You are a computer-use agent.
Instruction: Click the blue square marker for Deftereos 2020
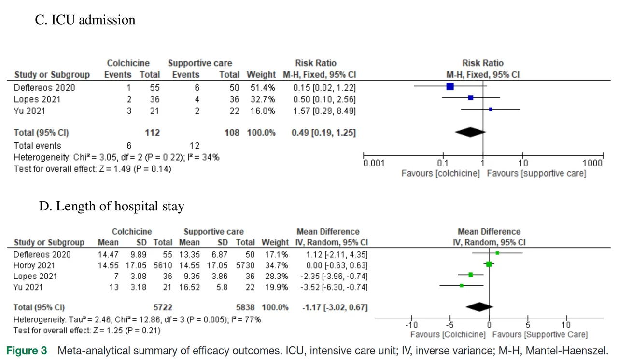click(450, 87)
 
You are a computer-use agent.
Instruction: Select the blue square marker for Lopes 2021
click(471, 98)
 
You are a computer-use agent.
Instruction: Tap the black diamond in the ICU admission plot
click(470, 132)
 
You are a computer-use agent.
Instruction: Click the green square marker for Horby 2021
click(489, 264)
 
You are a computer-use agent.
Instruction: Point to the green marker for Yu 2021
click(462, 286)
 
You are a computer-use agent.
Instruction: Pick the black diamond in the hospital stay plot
click(479, 307)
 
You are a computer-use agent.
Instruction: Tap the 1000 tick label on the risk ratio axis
click(592, 163)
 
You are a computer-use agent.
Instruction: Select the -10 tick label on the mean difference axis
click(411, 325)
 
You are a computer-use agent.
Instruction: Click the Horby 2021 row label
click(34, 265)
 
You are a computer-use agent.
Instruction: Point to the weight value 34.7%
click(278, 265)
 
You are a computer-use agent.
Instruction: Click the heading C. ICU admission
click(85, 20)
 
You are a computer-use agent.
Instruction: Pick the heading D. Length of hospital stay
click(112, 207)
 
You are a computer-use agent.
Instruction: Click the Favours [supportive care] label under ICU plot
click(536, 173)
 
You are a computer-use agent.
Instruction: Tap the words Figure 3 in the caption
click(27, 351)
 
